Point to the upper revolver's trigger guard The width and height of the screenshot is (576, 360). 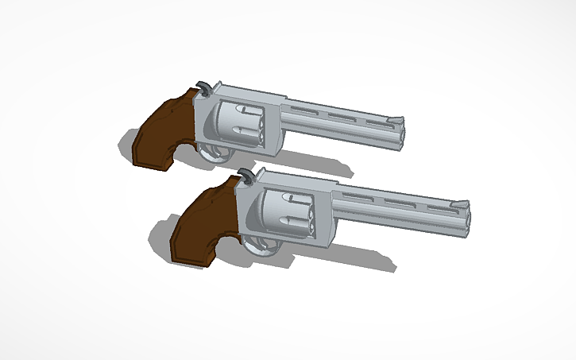coord(210,153)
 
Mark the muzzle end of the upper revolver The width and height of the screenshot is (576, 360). coord(402,131)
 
